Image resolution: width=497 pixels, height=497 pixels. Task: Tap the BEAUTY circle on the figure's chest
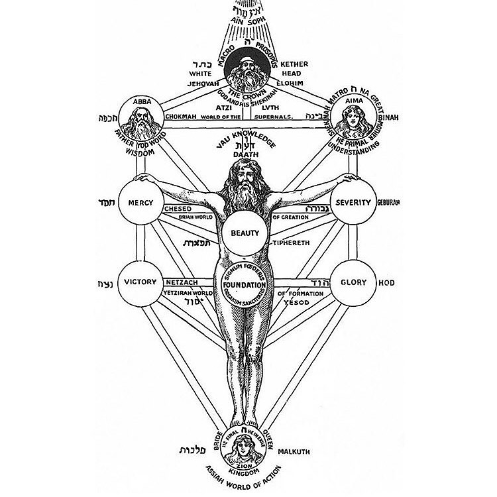click(x=245, y=233)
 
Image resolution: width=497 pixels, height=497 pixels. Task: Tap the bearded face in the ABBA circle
click(x=140, y=121)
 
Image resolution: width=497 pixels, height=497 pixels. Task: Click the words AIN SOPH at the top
click(x=247, y=21)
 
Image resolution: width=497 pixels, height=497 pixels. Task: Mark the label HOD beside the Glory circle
click(x=386, y=282)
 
